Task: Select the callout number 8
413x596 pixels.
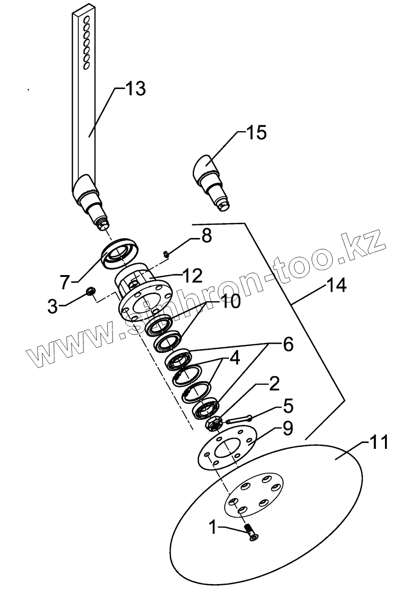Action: click(x=206, y=237)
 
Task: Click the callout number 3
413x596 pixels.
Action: click(x=53, y=306)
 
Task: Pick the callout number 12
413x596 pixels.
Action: click(x=191, y=276)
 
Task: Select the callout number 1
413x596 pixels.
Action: click(x=212, y=527)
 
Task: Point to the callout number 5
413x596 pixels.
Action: click(x=288, y=406)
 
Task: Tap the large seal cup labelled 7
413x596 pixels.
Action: click(x=121, y=252)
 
